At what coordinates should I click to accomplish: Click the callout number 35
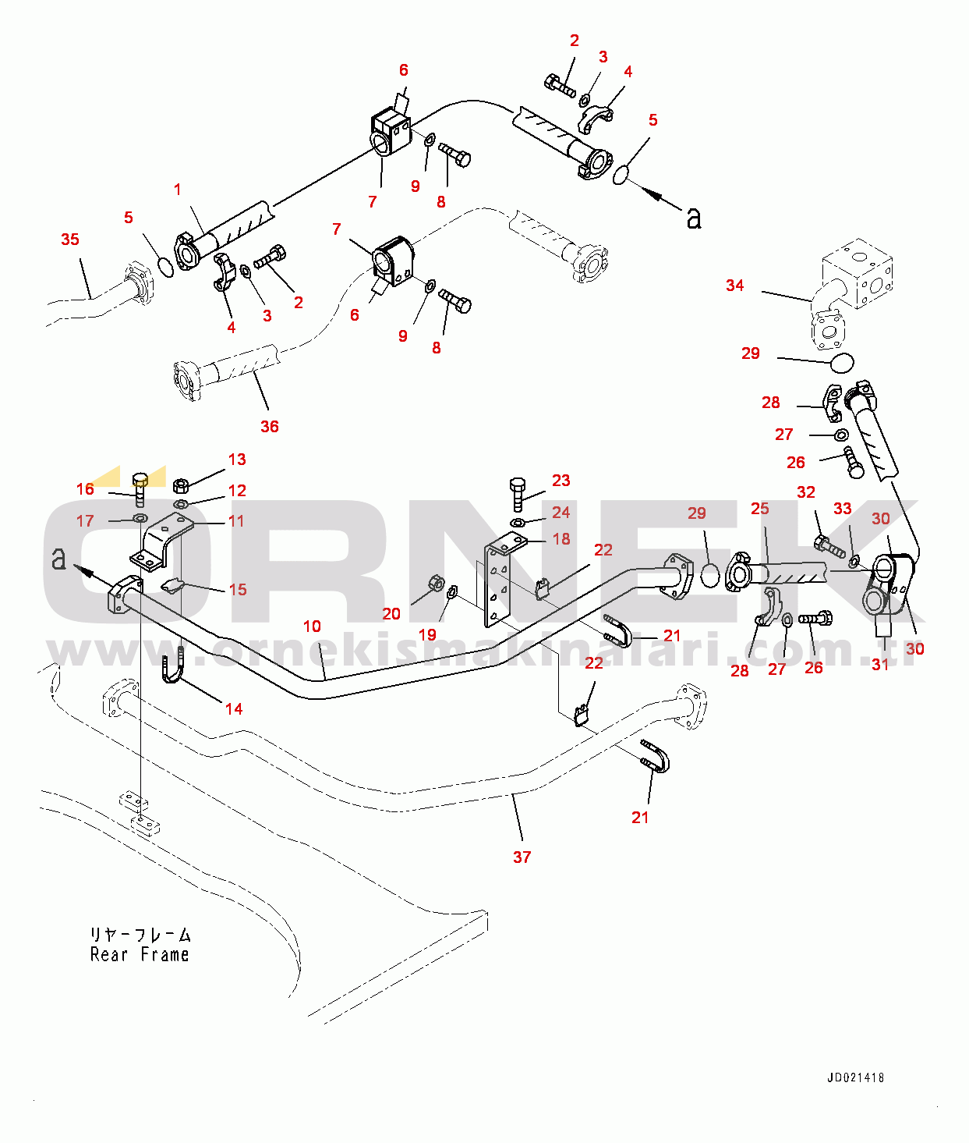[x=70, y=240]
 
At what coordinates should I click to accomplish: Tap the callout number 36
[x=269, y=427]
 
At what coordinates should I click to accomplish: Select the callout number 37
[x=522, y=857]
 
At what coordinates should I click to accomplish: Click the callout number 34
[x=734, y=286]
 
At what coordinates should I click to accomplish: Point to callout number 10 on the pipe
[x=312, y=627]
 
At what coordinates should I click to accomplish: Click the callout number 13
[x=237, y=460]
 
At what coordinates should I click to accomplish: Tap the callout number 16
[x=85, y=489]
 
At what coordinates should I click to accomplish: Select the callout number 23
[x=561, y=481]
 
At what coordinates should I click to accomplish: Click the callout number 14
[x=234, y=709]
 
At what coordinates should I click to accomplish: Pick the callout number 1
[x=178, y=190]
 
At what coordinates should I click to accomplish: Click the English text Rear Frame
[x=140, y=955]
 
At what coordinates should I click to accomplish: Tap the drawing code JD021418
[x=855, y=1078]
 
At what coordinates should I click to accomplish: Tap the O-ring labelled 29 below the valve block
[x=841, y=362]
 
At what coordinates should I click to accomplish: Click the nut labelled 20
[x=436, y=583]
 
